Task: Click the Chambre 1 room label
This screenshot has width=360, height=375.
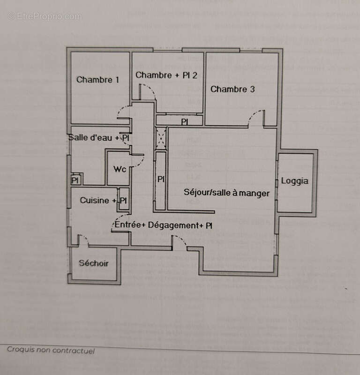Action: pyautogui.click(x=97, y=80)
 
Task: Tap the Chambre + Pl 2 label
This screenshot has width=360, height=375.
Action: pyautogui.click(x=166, y=75)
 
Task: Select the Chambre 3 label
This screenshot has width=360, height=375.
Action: pyautogui.click(x=232, y=89)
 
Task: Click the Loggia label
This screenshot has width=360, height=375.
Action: pyautogui.click(x=295, y=181)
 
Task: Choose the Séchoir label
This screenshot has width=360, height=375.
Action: pyautogui.click(x=93, y=263)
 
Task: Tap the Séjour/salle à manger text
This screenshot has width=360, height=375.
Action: pyautogui.click(x=226, y=193)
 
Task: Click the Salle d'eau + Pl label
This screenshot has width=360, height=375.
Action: pyautogui.click(x=99, y=138)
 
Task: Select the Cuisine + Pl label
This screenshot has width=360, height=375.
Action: pyautogui.click(x=103, y=200)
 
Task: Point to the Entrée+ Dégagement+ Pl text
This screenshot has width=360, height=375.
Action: pyautogui.click(x=164, y=225)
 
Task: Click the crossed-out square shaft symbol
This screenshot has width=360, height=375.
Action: pyautogui.click(x=161, y=138)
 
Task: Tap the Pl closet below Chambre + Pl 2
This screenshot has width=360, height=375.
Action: pyautogui.click(x=185, y=121)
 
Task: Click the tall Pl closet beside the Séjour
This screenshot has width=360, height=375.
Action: pyautogui.click(x=161, y=179)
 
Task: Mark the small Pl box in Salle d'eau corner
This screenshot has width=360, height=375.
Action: pyautogui.click(x=75, y=180)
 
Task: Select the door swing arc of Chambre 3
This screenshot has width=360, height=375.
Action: pyautogui.click(x=255, y=117)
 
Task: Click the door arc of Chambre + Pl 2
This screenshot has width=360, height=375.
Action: pyautogui.click(x=148, y=91)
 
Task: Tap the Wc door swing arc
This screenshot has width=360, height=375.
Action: pyautogui.click(x=138, y=161)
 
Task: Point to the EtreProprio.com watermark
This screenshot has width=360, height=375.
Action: pyautogui.click(x=45, y=16)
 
